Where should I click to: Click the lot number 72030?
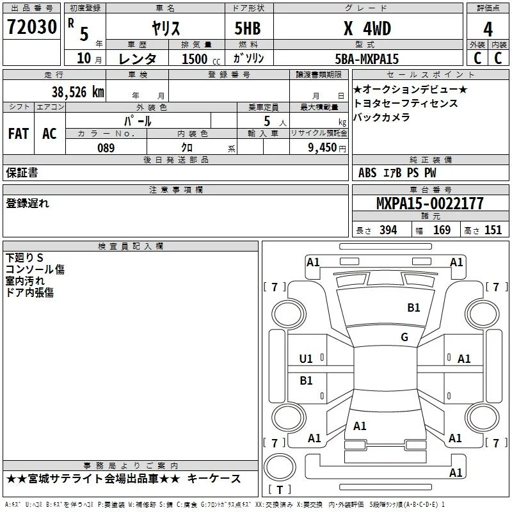32,27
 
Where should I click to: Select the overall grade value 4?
488,29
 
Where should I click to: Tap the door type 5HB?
248,28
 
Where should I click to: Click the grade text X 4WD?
367,28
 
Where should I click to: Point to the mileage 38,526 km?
78,92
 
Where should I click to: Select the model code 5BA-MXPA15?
367,59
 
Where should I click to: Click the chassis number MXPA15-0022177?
429,203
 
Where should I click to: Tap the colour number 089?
106,148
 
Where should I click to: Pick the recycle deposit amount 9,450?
323,148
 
